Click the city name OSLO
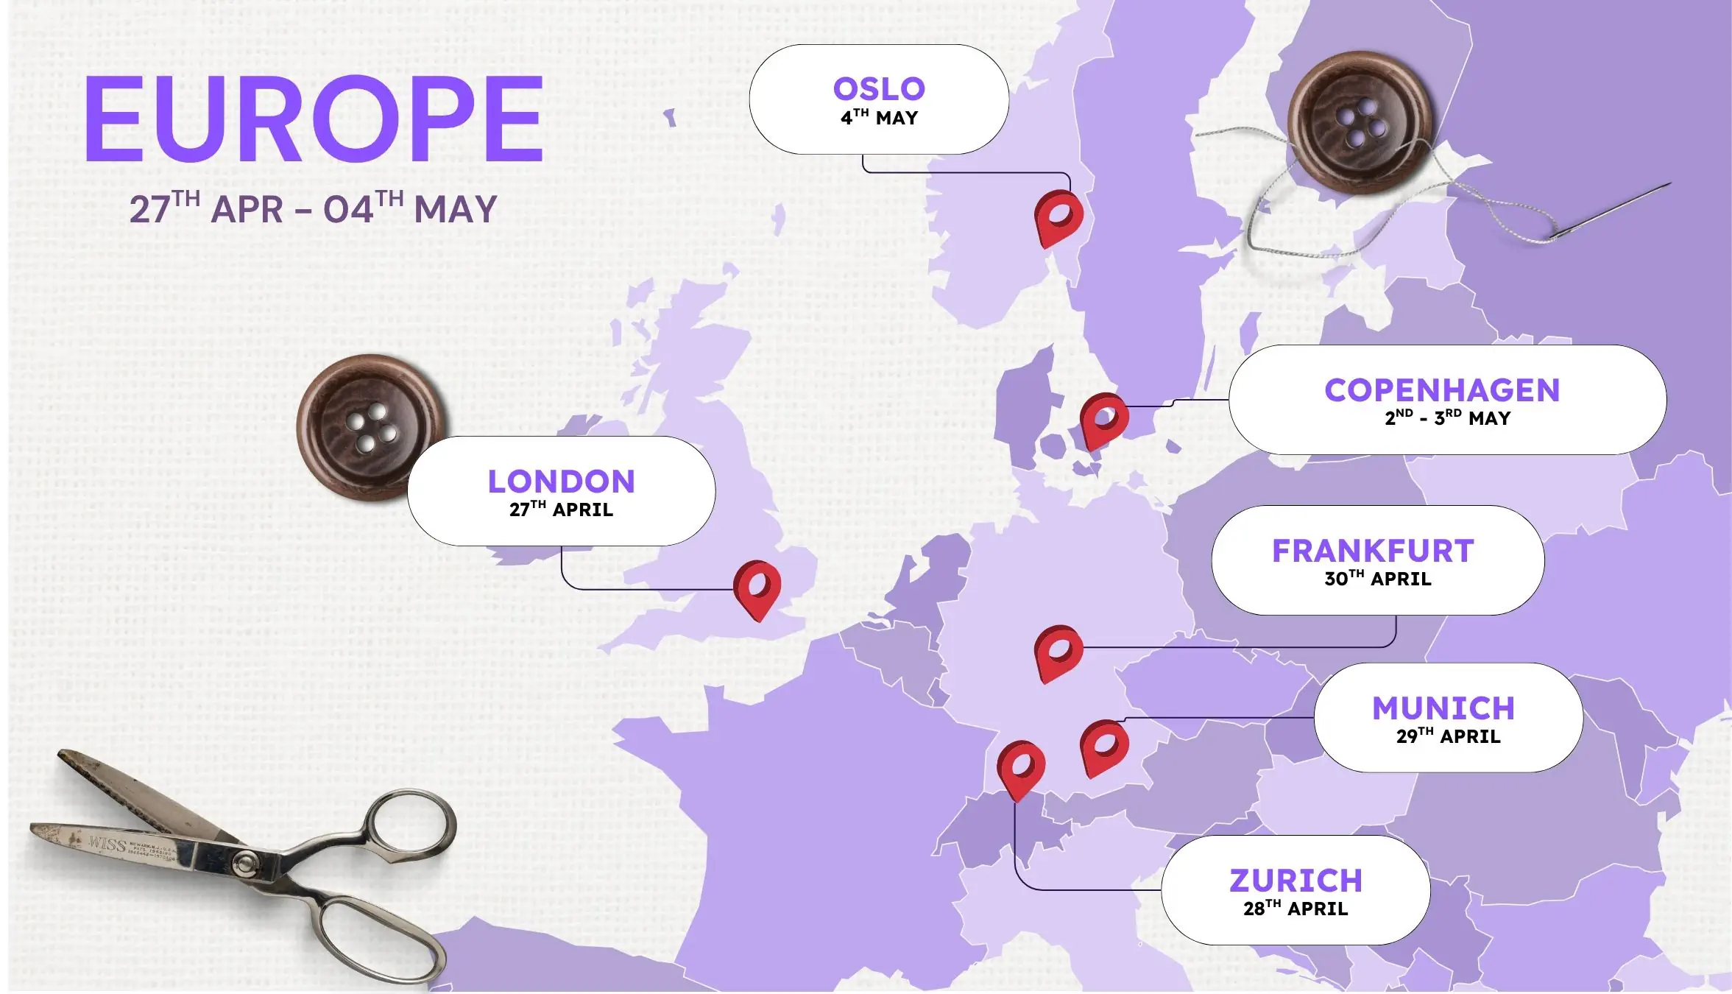(x=879, y=89)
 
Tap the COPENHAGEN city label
(x=1442, y=390)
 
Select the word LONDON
(x=561, y=482)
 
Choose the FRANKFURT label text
(x=1373, y=551)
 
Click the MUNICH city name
(x=1443, y=708)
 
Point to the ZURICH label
(x=1296, y=881)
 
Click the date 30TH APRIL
(x=1378, y=579)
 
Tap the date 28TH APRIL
(x=1296, y=909)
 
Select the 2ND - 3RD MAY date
(x=1447, y=418)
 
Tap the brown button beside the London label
(x=368, y=427)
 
